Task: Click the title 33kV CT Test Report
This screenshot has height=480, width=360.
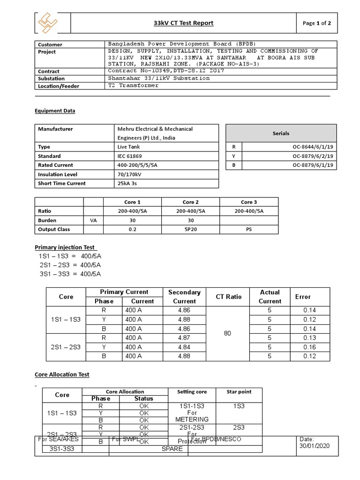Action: click(x=183, y=23)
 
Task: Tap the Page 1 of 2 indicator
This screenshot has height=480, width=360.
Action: click(x=317, y=23)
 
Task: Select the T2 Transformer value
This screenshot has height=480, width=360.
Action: click(x=134, y=85)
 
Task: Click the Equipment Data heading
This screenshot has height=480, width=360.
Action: click(x=55, y=111)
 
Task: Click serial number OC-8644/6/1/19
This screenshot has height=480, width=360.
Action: click(x=313, y=147)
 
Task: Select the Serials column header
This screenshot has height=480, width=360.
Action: click(x=281, y=134)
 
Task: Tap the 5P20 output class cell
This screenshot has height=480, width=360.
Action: click(x=191, y=230)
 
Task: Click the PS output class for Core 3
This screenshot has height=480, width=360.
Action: click(x=248, y=230)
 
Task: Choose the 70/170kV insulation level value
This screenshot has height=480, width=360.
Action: click(x=129, y=174)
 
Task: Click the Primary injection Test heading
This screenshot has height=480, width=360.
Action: click(x=65, y=247)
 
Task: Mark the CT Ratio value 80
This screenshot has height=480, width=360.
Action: click(x=228, y=333)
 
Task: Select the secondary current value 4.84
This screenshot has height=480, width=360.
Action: click(x=184, y=347)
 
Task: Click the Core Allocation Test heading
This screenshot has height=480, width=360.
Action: click(x=62, y=375)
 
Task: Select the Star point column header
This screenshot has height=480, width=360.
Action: click(x=239, y=391)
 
